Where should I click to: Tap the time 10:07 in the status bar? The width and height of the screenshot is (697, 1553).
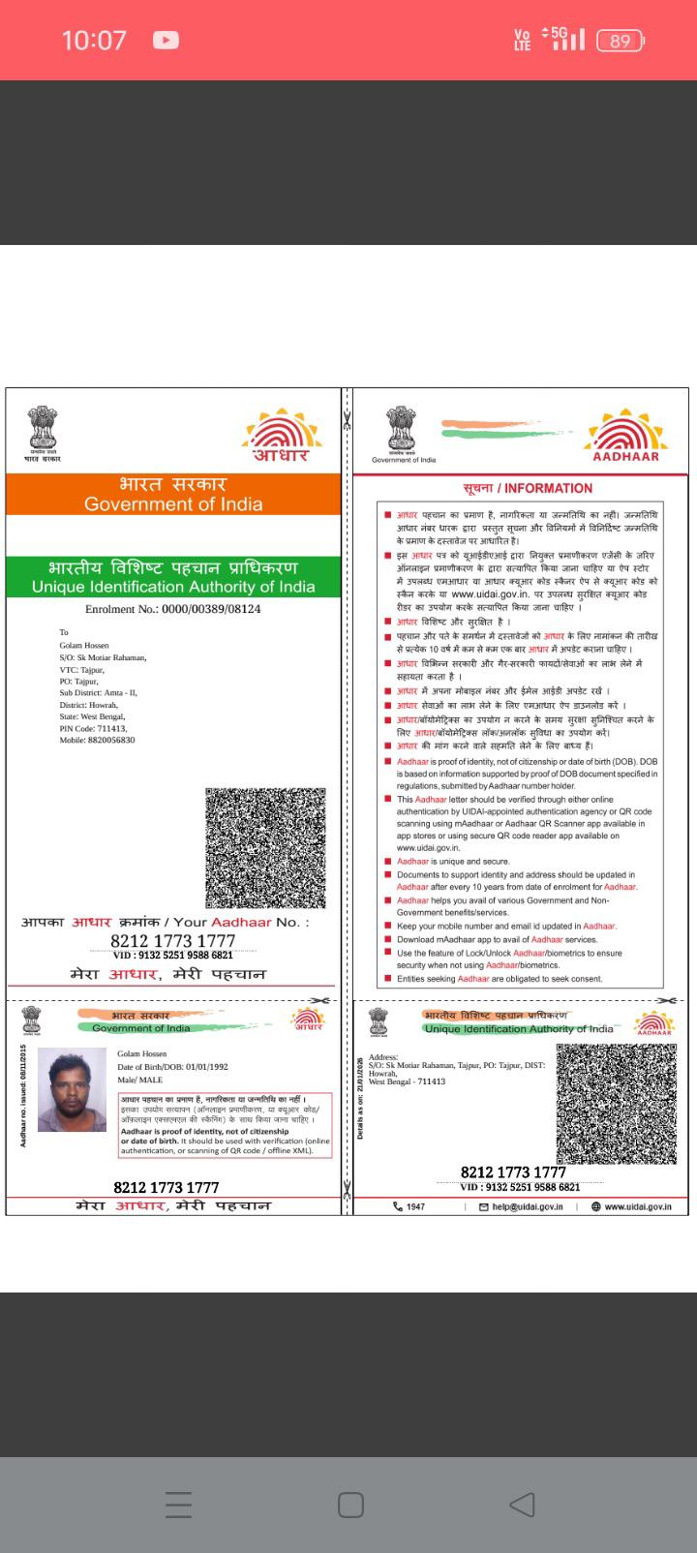[x=94, y=41]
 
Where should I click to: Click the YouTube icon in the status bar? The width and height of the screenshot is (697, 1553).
[x=166, y=41]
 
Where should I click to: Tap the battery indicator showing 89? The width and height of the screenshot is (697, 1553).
[x=621, y=41]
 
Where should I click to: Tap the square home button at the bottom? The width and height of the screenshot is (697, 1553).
[x=350, y=1505]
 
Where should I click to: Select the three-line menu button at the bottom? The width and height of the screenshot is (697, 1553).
[x=179, y=1505]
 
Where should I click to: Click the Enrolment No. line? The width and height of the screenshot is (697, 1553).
[x=172, y=609]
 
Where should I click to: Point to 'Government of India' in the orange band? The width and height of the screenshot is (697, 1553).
[x=173, y=503]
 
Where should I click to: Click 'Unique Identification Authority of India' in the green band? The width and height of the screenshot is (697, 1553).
[x=173, y=587]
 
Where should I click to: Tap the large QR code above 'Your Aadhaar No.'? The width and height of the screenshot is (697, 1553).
[x=265, y=847]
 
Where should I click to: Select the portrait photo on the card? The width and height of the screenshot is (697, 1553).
[x=72, y=1089]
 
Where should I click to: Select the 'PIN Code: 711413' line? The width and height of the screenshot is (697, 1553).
[x=93, y=728]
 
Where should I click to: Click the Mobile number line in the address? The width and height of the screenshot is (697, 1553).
[x=97, y=740]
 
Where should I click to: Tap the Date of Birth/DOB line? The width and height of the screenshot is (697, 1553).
[x=172, y=1066]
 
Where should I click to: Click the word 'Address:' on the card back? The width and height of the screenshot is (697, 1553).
[x=383, y=1057]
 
